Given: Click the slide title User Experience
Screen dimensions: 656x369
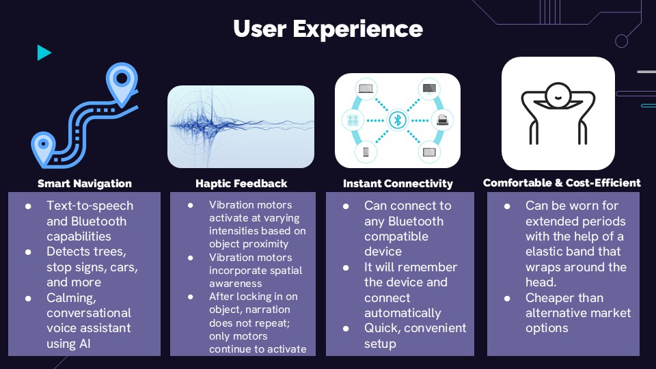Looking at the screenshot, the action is (328, 29).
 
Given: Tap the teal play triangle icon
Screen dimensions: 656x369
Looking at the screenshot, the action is (44, 53).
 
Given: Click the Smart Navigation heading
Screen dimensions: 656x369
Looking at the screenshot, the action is (85, 183).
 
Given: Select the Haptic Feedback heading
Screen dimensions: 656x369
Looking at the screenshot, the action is (241, 183).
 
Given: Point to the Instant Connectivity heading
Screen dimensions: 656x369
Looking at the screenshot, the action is (398, 183).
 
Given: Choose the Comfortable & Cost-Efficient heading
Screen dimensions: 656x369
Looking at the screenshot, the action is (562, 183).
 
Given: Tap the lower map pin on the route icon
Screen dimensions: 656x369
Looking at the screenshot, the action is (43, 148).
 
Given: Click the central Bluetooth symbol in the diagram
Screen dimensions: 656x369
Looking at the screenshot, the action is (398, 120).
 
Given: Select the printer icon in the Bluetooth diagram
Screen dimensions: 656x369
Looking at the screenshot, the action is (442, 120).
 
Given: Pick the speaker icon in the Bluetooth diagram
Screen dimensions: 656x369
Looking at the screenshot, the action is (353, 120).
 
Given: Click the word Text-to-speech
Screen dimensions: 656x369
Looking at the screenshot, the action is (90, 206).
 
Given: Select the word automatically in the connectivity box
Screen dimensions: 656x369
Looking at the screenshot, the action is (402, 313).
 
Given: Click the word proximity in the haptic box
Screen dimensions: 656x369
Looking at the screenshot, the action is (267, 244).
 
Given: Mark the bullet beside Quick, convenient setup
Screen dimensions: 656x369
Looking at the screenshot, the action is (346, 329).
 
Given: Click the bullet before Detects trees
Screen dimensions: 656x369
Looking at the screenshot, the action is (28, 252).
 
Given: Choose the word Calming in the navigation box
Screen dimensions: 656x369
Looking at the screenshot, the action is (72, 298).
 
